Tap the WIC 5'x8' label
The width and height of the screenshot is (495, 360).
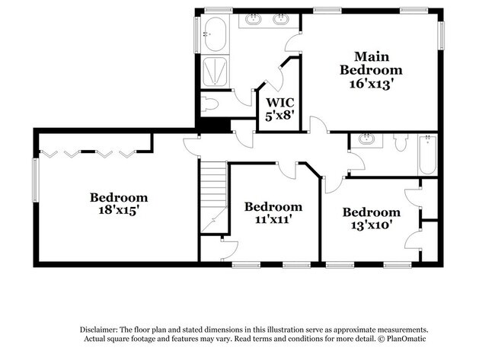(x=279, y=109)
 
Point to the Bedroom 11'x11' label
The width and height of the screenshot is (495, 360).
(x=273, y=212)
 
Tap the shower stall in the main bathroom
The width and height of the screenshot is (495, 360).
(x=214, y=72)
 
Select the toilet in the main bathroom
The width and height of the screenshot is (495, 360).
(x=211, y=104)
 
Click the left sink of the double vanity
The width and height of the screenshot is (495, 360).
(x=254, y=19)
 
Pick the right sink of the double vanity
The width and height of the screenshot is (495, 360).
(x=282, y=19)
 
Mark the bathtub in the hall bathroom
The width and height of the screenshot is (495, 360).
(x=427, y=154)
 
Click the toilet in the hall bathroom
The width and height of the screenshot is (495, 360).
(x=401, y=142)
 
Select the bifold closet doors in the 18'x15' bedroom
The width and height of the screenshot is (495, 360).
(x=91, y=154)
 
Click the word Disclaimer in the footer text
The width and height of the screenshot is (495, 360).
(x=104, y=328)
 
